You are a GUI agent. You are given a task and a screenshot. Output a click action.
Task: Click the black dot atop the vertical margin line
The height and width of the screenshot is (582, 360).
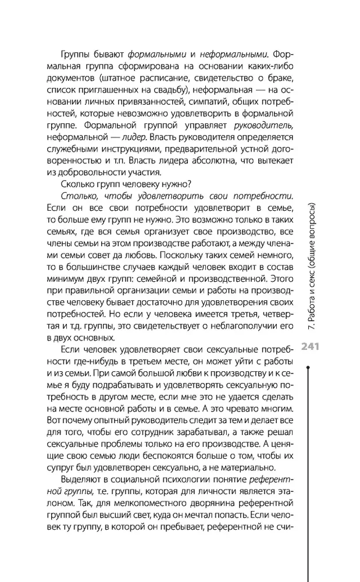click(310, 367)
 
